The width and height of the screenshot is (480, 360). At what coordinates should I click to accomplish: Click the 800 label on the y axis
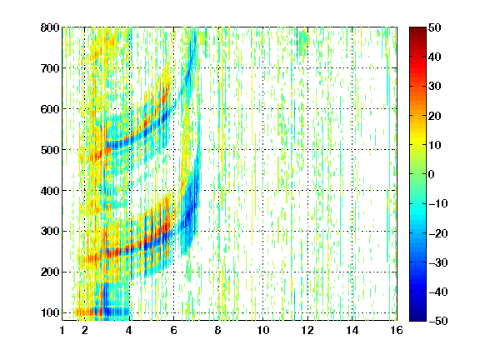click(x=50, y=27)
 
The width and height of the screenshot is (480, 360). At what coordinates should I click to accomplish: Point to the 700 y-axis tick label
click(x=50, y=68)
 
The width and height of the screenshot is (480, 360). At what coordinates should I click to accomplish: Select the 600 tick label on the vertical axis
click(x=50, y=109)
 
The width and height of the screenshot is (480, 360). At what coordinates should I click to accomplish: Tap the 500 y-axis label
click(x=50, y=150)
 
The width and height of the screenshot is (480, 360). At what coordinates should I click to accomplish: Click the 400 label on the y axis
click(x=50, y=191)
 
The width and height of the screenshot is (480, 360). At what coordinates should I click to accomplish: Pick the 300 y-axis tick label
click(x=50, y=231)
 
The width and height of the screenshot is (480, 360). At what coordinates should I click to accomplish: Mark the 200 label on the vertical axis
click(x=50, y=272)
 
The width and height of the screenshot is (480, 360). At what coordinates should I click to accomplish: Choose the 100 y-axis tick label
click(x=50, y=312)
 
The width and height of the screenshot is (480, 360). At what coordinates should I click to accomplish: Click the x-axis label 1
click(x=62, y=330)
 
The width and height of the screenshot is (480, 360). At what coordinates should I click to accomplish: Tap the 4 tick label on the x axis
click(x=129, y=330)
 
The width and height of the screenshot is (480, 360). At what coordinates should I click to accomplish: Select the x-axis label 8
click(x=217, y=330)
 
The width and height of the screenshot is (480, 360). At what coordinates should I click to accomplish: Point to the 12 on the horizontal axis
click(x=307, y=330)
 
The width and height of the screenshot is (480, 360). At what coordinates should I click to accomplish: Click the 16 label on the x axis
click(x=397, y=330)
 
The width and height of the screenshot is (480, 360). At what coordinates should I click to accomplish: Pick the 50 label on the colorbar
click(x=434, y=27)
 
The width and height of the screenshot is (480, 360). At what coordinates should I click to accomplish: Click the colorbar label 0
click(x=432, y=174)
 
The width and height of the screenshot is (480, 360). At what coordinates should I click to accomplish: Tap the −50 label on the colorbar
click(x=438, y=321)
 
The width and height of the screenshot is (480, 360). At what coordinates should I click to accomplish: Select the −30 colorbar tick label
click(x=438, y=262)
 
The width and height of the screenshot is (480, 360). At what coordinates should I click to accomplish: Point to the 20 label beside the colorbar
click(x=434, y=116)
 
